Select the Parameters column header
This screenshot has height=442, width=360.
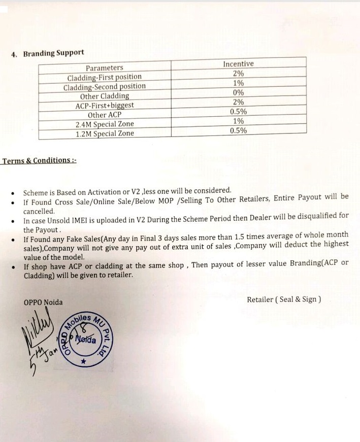(104, 68)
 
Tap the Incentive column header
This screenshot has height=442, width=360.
(238, 64)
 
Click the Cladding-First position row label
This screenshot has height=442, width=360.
(105, 78)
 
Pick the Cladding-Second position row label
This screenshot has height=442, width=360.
(104, 87)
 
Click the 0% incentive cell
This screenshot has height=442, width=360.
(238, 92)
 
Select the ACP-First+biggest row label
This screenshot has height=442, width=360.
(105, 106)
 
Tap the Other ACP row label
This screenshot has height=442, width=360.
(105, 115)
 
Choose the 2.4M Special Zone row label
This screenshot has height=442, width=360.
(105, 125)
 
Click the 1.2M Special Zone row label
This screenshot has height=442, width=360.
(105, 134)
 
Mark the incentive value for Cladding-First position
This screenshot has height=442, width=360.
(238, 73)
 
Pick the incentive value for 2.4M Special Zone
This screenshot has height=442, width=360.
(238, 121)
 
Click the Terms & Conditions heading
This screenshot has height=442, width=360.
(39, 161)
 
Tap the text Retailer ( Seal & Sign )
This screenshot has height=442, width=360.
(284, 299)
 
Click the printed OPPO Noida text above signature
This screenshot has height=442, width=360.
(43, 302)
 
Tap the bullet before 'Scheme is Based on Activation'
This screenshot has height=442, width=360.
(13, 193)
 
